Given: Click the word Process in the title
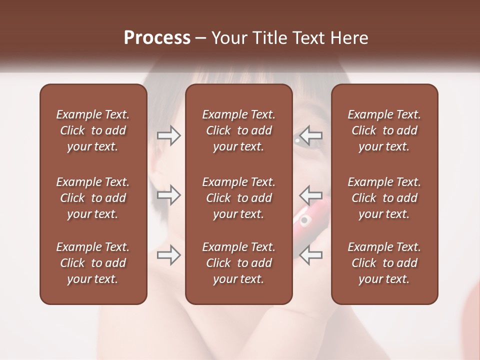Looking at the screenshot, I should point(157,38).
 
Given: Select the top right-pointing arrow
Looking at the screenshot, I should point(169,135).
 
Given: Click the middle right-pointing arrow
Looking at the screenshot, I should point(169,195).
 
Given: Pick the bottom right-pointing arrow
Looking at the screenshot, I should point(169,255).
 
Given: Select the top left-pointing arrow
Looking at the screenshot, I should point(311,135).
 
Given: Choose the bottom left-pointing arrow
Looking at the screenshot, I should point(311,255).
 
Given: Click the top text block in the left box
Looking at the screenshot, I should point(93,130).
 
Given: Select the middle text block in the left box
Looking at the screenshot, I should point(93,198).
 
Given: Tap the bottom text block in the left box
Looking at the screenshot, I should point(93,263).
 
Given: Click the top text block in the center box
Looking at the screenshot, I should point(238,130).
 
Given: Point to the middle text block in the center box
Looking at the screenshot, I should point(238,198).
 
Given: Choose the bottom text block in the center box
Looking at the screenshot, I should point(238,263).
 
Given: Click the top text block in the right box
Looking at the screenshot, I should point(384,130).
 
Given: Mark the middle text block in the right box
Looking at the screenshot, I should point(384,198).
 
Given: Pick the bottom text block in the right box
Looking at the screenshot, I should point(384,263).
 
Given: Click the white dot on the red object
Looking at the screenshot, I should point(304,220).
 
